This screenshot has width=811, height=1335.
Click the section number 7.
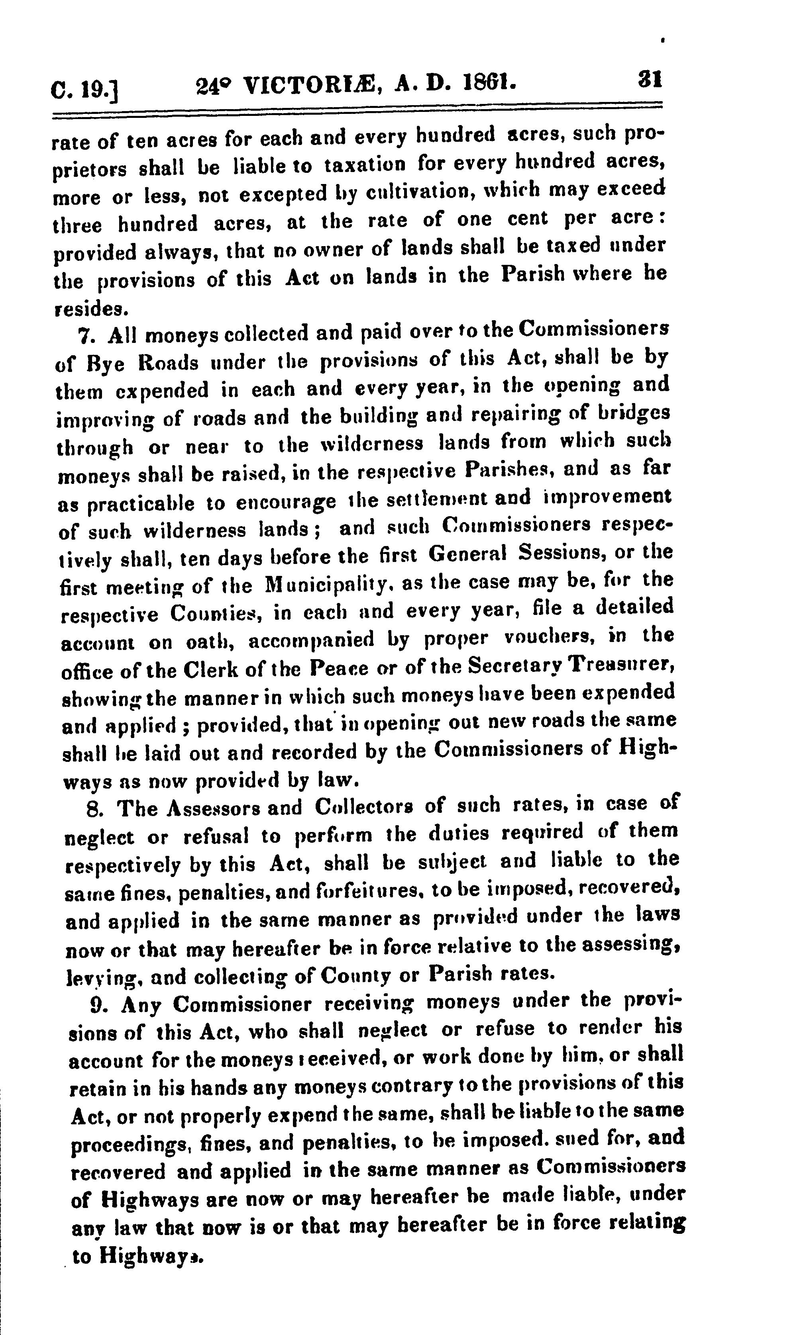(x=86, y=337)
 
